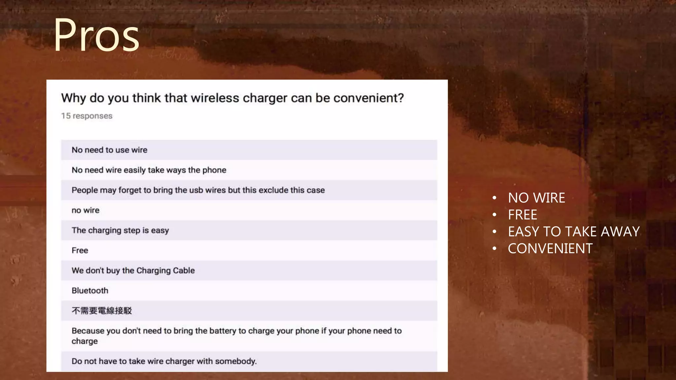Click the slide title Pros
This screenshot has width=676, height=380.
[x=96, y=35]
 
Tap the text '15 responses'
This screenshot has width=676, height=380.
[x=87, y=116]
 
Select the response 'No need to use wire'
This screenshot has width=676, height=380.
[x=110, y=150]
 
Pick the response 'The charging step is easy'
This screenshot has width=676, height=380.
[x=120, y=230]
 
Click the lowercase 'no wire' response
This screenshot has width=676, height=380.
[x=85, y=210]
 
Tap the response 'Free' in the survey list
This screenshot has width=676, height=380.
[x=80, y=250]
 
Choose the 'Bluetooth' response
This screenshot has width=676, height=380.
[x=90, y=291]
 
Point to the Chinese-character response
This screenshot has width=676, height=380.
[x=102, y=311]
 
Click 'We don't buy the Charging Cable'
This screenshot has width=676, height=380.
[x=133, y=270]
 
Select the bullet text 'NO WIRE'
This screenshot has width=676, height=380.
[x=536, y=198]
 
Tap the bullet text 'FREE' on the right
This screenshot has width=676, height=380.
[x=523, y=215]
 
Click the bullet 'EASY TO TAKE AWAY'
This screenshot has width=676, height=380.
[x=574, y=232]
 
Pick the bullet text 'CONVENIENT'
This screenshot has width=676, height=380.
[x=550, y=248]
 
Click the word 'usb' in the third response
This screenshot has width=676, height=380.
[x=196, y=190]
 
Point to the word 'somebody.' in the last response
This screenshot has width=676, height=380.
[x=236, y=361]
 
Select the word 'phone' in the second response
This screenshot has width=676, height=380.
[x=214, y=170]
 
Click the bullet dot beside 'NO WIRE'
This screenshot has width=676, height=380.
[x=494, y=198]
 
